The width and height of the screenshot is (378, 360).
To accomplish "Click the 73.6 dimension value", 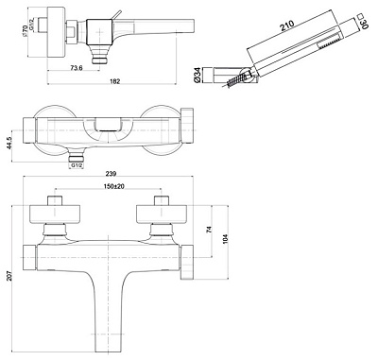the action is (x=77, y=68).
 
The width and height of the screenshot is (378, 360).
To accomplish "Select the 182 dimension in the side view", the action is (x=115, y=81).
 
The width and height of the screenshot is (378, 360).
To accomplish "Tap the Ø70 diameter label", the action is (x=25, y=31).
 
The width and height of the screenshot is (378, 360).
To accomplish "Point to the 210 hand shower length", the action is (x=287, y=26).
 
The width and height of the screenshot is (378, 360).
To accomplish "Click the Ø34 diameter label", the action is (x=198, y=76).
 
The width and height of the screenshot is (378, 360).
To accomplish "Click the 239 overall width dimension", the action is (x=111, y=173).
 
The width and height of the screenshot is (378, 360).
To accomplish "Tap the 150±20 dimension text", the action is (x=113, y=186).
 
